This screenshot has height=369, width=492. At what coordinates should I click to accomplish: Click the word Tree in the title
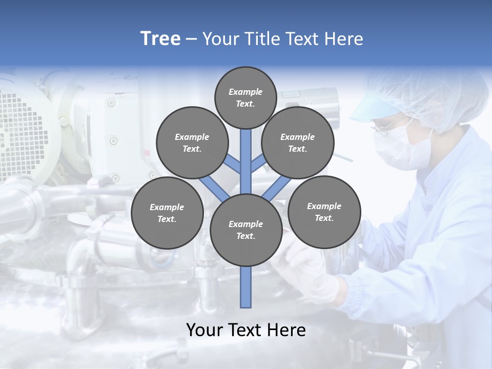coord(160,39)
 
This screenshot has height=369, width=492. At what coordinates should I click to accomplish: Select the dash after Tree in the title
coord(191,39)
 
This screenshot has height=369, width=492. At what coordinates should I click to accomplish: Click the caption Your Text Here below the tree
coord(246,330)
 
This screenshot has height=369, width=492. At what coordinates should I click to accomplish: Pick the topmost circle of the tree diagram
coord(245,97)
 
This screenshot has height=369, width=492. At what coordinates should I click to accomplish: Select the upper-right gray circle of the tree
coord(297,142)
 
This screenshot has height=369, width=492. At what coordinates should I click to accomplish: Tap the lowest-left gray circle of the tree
coord(167,213)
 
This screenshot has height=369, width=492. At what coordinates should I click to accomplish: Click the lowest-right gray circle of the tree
coord(324,212)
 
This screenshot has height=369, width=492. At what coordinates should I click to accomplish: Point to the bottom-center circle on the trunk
coord(245,230)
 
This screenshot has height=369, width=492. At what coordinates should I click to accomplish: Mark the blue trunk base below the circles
coord(246,287)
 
